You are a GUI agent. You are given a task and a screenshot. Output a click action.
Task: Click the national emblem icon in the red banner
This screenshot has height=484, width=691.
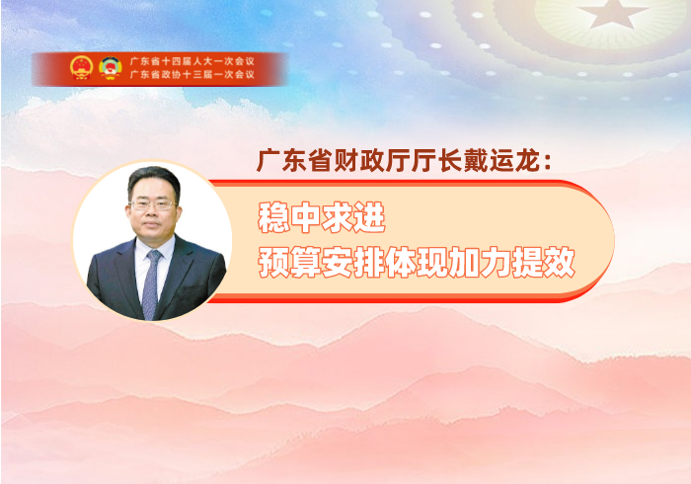tap(81, 68)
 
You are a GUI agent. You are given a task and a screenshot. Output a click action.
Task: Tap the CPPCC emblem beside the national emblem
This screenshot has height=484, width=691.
tap(110, 68)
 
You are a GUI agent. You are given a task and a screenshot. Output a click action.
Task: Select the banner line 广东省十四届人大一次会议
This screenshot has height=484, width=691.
tap(192, 61)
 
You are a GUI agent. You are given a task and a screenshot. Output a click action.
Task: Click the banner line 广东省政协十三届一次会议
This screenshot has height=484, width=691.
tap(192, 74)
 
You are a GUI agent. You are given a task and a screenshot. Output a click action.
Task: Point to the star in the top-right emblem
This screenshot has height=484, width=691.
tap(613, 13)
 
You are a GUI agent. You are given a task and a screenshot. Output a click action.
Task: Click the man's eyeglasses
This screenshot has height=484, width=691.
tap(153, 204)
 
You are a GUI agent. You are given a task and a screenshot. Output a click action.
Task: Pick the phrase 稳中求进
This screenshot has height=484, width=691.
tap(322, 217)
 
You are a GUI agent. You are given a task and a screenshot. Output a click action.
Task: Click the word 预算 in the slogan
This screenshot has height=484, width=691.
tap(289, 263)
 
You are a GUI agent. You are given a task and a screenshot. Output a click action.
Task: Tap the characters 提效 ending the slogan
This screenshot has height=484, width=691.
tap(543, 263)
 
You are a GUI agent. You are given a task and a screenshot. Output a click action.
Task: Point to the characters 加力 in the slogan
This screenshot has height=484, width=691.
tap(480, 263)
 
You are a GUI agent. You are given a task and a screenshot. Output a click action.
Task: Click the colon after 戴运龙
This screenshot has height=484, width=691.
tap(548, 162)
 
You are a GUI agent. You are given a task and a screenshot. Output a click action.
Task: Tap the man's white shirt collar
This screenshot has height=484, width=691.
tap(153, 249)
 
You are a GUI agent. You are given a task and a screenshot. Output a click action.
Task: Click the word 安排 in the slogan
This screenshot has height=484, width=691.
tap(353, 263)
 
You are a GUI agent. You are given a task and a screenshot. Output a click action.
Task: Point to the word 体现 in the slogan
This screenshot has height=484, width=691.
tap(417, 263)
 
